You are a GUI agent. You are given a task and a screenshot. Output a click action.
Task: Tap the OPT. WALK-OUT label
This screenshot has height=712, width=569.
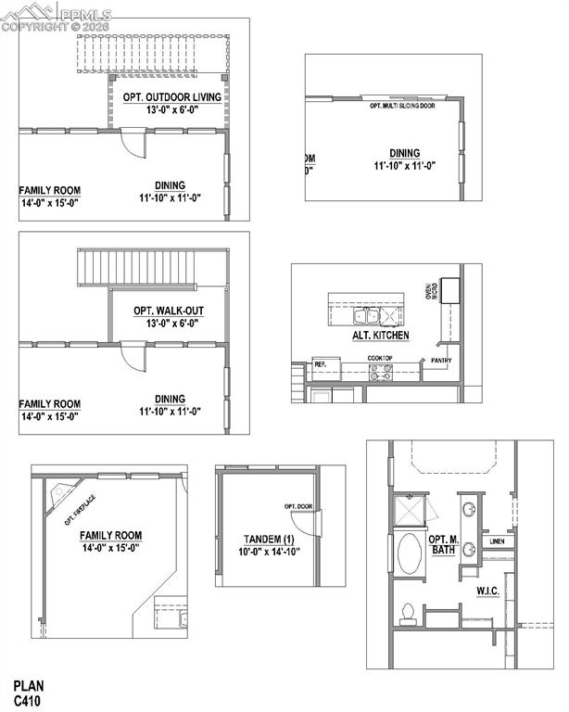[168, 311]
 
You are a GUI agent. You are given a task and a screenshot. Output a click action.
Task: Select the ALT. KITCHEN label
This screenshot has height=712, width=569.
[380, 336]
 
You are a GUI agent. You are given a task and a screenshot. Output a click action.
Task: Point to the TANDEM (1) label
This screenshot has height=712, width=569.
[269, 540]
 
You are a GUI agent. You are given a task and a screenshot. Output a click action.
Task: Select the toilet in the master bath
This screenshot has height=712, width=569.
[406, 612]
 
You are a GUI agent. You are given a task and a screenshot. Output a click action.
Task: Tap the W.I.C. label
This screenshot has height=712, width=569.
[489, 591]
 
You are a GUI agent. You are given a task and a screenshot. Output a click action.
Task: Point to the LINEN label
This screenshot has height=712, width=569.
[497, 540]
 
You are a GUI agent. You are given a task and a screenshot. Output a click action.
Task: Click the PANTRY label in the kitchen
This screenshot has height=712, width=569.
[441, 359]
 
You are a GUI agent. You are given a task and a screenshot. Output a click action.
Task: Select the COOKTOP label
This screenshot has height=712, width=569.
[380, 358]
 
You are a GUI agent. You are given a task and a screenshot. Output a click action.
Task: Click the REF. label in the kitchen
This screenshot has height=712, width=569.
[321, 364]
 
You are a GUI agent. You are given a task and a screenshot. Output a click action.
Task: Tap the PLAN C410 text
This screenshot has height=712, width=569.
[28, 692]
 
